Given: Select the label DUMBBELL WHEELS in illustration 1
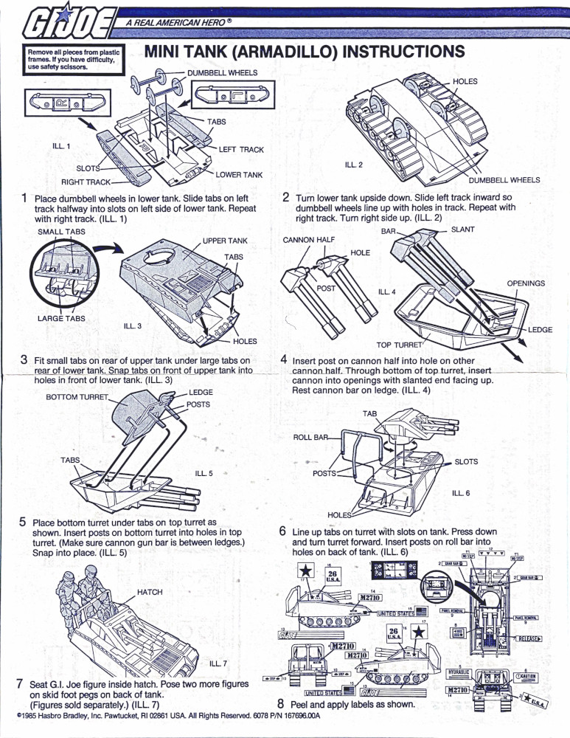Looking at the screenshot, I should (x=222, y=73).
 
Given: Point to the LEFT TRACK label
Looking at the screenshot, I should (x=241, y=150).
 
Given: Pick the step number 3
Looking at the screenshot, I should (x=24, y=360).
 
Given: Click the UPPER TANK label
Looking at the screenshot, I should (x=225, y=241).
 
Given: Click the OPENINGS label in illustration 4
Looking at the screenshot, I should (x=525, y=283).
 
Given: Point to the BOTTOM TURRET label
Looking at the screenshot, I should (x=77, y=397).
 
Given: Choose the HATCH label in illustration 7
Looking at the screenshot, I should (x=150, y=592).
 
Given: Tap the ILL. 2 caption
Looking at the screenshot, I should (x=354, y=164).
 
